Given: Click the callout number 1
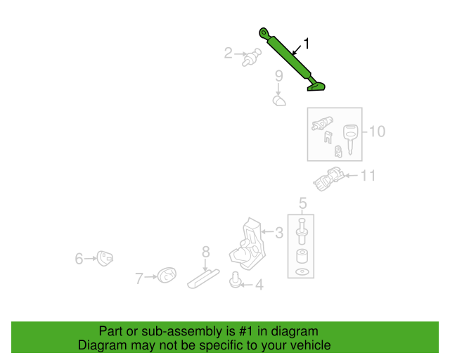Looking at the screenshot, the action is [x=307, y=44].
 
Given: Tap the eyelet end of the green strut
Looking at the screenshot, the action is [x=264, y=33].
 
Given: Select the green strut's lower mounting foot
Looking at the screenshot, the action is [x=316, y=86].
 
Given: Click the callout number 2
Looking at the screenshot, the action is [x=228, y=53].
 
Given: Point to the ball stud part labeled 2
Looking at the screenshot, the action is [x=252, y=57].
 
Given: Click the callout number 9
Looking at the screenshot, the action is [x=279, y=76].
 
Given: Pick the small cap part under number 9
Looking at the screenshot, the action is [x=279, y=101].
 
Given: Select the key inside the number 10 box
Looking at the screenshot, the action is [x=350, y=139].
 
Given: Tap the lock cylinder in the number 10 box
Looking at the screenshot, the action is [x=322, y=124].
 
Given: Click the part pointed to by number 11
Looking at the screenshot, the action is [x=328, y=179].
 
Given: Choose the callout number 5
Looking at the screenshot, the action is [x=303, y=203].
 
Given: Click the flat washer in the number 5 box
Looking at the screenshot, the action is [x=302, y=271].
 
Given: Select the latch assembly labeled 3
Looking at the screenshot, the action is [x=248, y=245].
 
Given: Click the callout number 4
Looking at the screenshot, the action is [x=259, y=285].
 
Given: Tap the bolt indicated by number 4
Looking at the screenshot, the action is [x=235, y=280].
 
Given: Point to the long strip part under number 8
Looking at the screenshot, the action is [x=203, y=278].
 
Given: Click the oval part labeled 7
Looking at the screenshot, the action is [x=167, y=275].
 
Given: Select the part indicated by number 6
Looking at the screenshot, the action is [x=105, y=258].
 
